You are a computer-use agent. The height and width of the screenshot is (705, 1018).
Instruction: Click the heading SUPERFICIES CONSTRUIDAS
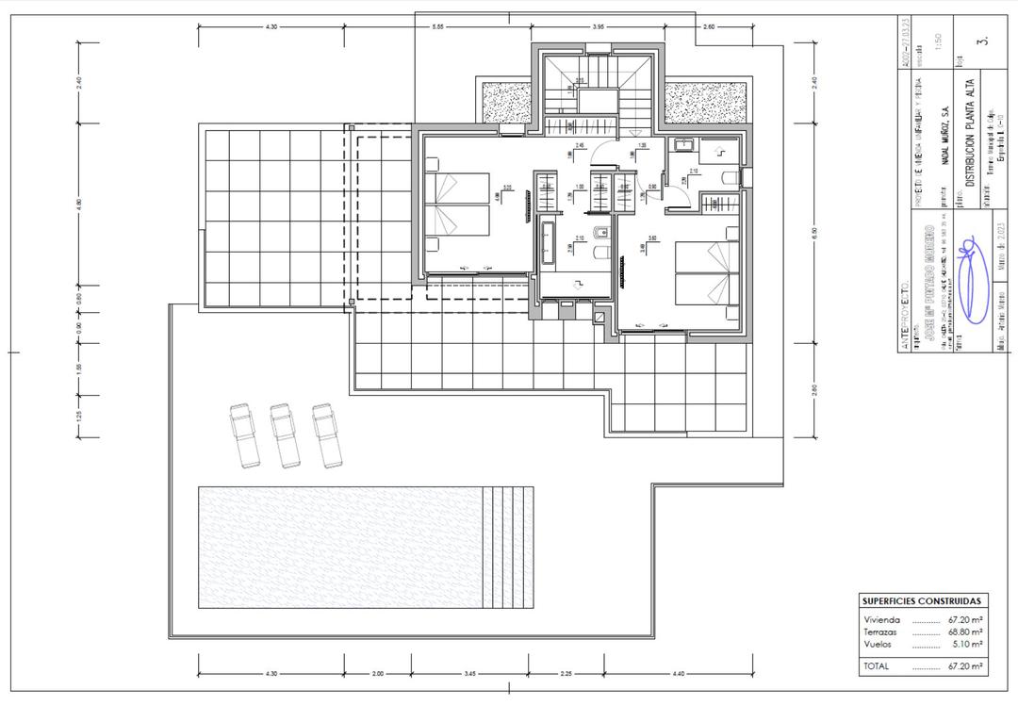[922, 600]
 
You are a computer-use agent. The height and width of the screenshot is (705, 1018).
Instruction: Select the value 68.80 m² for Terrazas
[965, 632]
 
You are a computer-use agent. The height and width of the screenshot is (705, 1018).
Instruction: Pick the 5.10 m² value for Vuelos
[967, 645]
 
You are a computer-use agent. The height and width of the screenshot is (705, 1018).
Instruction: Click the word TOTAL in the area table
[877, 665]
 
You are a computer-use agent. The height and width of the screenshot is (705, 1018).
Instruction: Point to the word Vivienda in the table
[881, 620]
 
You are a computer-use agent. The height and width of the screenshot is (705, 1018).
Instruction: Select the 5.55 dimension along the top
[438, 27]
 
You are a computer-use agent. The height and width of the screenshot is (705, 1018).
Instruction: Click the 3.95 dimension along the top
[598, 27]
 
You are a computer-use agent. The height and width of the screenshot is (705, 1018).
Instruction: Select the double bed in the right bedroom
[705, 273]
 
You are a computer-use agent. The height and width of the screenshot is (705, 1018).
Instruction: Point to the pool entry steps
[507, 547]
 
